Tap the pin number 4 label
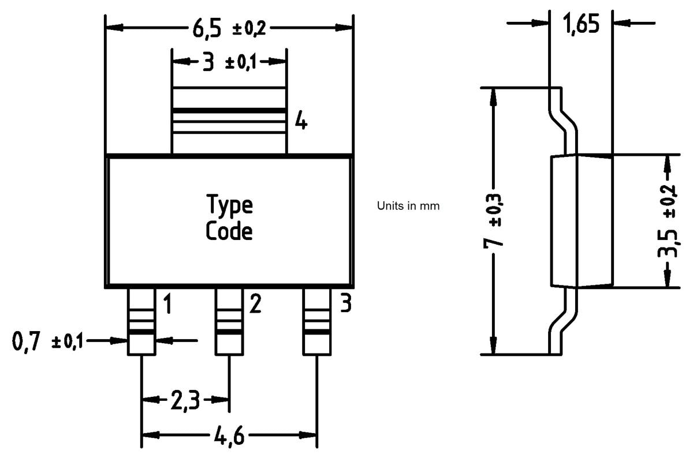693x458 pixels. (x=301, y=122)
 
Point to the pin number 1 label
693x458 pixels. (x=167, y=304)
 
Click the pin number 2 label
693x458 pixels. (x=255, y=304)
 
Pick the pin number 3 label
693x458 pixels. (x=345, y=303)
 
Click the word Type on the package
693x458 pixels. (x=229, y=205)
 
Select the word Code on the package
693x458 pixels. (x=229, y=231)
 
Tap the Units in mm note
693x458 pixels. (x=408, y=206)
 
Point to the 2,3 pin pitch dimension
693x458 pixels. (x=185, y=399)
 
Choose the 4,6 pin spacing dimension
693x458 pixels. (x=229, y=435)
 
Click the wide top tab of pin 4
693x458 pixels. (x=229, y=121)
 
